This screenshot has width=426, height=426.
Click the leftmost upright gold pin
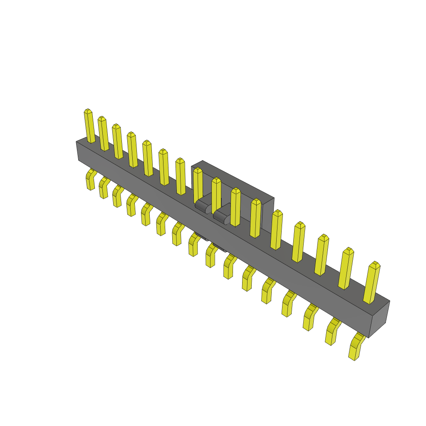tap(89, 127)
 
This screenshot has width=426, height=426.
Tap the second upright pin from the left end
tap(103, 134)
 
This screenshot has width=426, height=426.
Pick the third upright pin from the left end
tap(118, 142)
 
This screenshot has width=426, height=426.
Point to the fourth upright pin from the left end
tap(132, 150)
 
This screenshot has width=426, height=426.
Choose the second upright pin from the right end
tap(346, 269)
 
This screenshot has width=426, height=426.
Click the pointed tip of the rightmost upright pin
tap(375, 264)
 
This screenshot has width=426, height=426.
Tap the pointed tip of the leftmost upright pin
tap(87, 111)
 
